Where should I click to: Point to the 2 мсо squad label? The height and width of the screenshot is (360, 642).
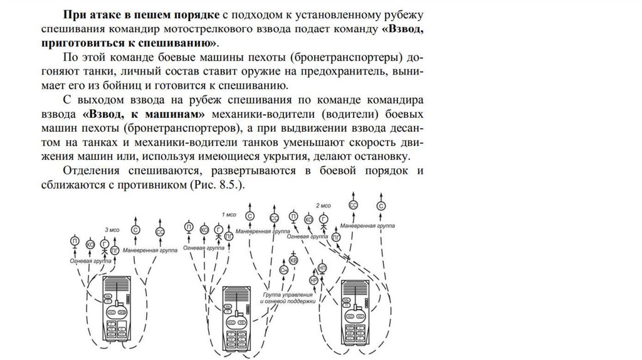324,206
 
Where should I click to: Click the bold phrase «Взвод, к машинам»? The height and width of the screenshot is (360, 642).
144,114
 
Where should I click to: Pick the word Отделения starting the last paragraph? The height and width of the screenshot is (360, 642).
94,171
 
